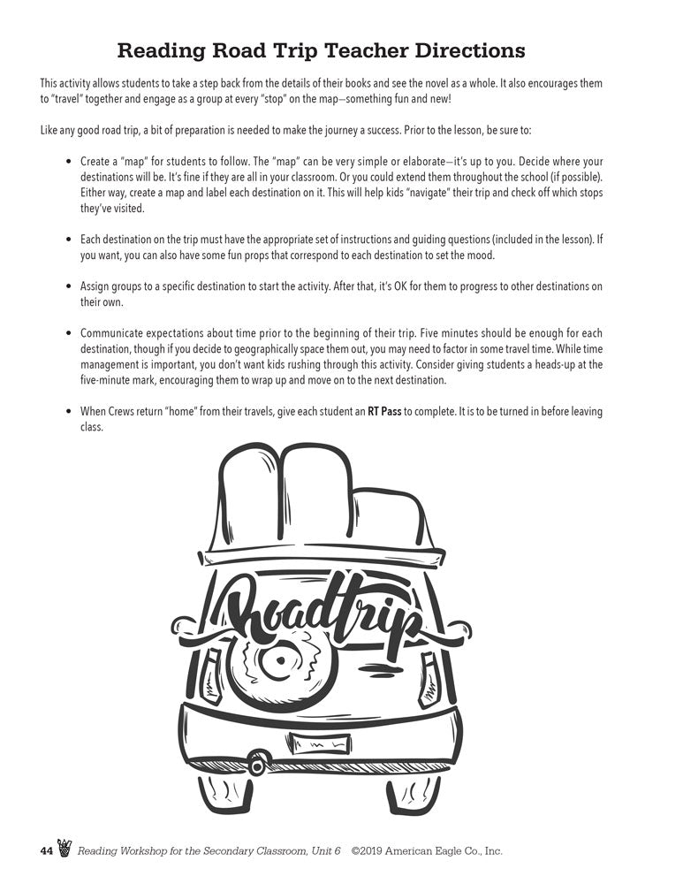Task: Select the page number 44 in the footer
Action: (x=47, y=851)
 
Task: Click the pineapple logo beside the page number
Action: (x=65, y=849)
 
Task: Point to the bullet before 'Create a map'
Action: (x=70, y=163)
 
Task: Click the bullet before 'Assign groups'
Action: (x=70, y=287)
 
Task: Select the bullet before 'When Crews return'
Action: (x=70, y=412)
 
